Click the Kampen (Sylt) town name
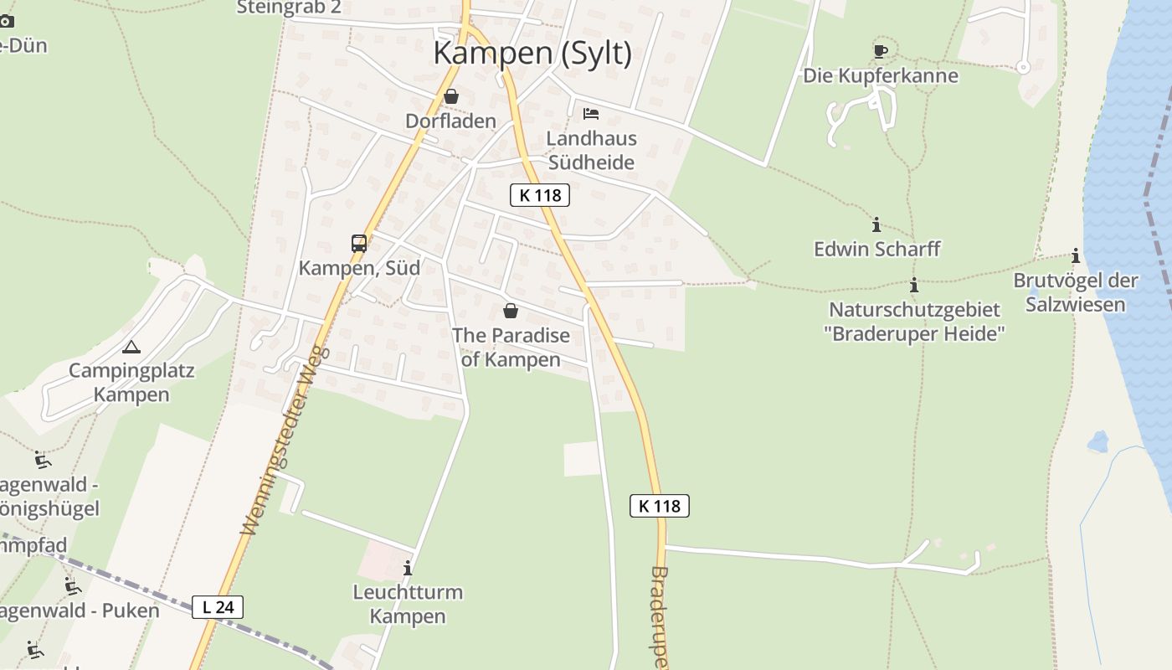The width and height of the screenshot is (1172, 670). tap(532, 53)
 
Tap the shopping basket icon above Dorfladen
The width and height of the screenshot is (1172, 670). tap(451, 96)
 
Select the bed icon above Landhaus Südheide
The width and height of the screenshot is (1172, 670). tap(591, 113)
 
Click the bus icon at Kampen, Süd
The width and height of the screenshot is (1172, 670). tap(359, 244)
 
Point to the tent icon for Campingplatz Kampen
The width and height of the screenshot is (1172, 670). tap(131, 347)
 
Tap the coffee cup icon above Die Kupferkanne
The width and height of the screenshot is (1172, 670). tap(880, 51)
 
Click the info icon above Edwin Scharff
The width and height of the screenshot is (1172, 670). tap(876, 224)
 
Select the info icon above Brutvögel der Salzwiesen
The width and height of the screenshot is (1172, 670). tap(1076, 255)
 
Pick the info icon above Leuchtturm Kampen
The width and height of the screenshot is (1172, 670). tap(408, 568)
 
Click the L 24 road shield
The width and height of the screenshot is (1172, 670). tap(218, 607)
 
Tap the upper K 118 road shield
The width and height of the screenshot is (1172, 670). tap(540, 195)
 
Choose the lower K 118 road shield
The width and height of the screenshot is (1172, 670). tap(660, 506)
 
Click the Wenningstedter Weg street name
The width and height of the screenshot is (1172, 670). tap(286, 441)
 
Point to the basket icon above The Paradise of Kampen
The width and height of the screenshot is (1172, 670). tap(511, 312)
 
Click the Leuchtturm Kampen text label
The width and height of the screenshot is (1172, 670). tap(408, 604)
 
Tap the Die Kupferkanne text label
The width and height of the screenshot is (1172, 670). tap(881, 75)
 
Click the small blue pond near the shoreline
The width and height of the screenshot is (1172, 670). tap(1097, 441)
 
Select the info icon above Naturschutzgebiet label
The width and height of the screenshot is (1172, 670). tap(914, 285)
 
